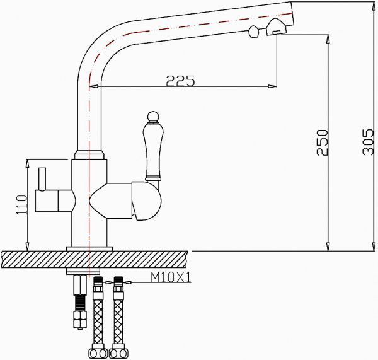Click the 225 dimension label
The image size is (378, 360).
[x=180, y=80]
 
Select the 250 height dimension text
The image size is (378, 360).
[x=321, y=142]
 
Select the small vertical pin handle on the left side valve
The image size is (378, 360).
[x=43, y=179]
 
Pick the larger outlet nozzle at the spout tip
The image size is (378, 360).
[x=276, y=27]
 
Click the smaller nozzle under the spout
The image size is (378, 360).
[x=253, y=33]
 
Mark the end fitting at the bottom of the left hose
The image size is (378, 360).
[x=98, y=353]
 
